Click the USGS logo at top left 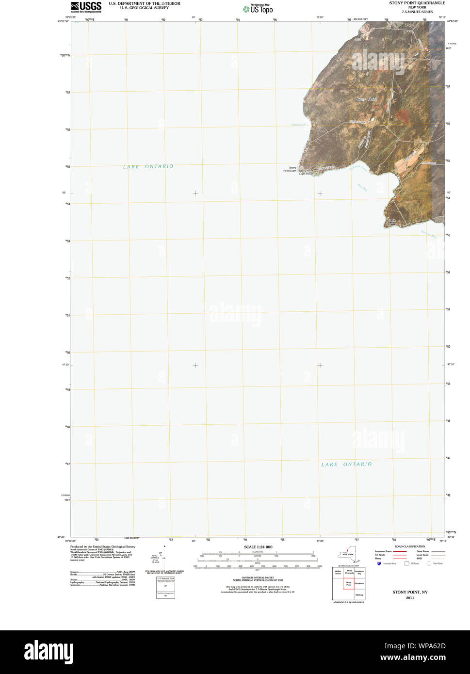pos(86,7)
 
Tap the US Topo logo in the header pos(259,9)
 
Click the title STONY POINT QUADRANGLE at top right pos(417,3)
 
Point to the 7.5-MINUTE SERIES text pos(417,12)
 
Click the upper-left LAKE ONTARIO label pos(148,166)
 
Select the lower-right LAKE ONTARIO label pos(346,464)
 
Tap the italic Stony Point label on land pos(366,99)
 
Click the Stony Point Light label pos(290,169)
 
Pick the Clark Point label pos(391,222)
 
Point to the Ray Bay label pos(362,187)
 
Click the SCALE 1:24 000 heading pos(258,547)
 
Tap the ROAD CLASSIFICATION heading pos(409,546)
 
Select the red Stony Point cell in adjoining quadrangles pos(348,584)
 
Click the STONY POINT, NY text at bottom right pos(410,592)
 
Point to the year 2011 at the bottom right pos(410,598)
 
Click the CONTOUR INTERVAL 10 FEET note pos(258,578)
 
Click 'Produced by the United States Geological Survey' pos(103,546)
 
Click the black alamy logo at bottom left pos(49,652)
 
